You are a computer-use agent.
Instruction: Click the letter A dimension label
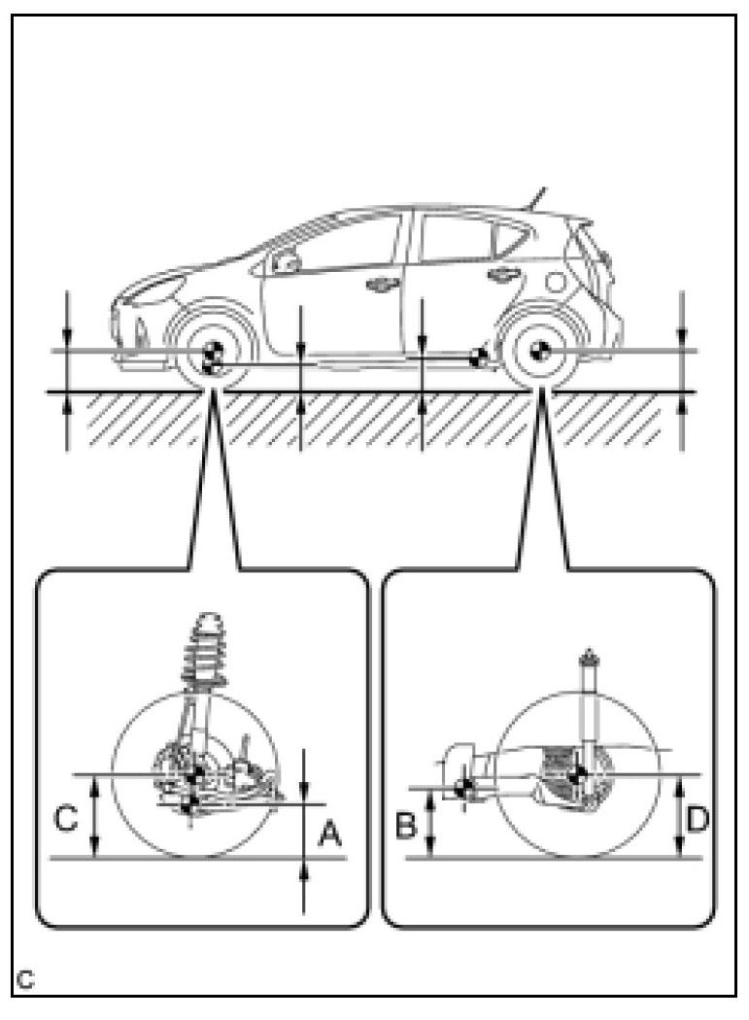[329, 833]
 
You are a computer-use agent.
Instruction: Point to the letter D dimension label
[696, 820]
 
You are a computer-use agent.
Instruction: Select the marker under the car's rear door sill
[478, 357]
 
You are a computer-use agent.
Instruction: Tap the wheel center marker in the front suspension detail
[197, 773]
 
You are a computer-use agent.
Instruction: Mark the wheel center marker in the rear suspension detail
[577, 774]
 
